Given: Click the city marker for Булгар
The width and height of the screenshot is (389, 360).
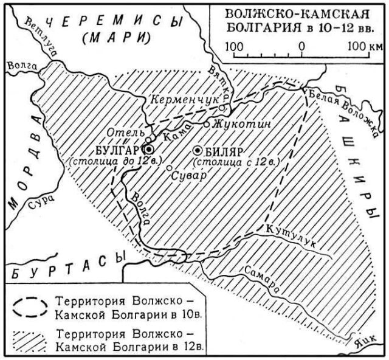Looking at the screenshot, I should coord(148,149).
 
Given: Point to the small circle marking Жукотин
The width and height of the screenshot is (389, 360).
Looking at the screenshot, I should coord(207,123).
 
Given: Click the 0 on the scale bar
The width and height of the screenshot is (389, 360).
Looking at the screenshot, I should coord(302,46).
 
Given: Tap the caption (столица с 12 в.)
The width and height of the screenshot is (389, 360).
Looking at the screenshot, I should coord(235,162).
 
